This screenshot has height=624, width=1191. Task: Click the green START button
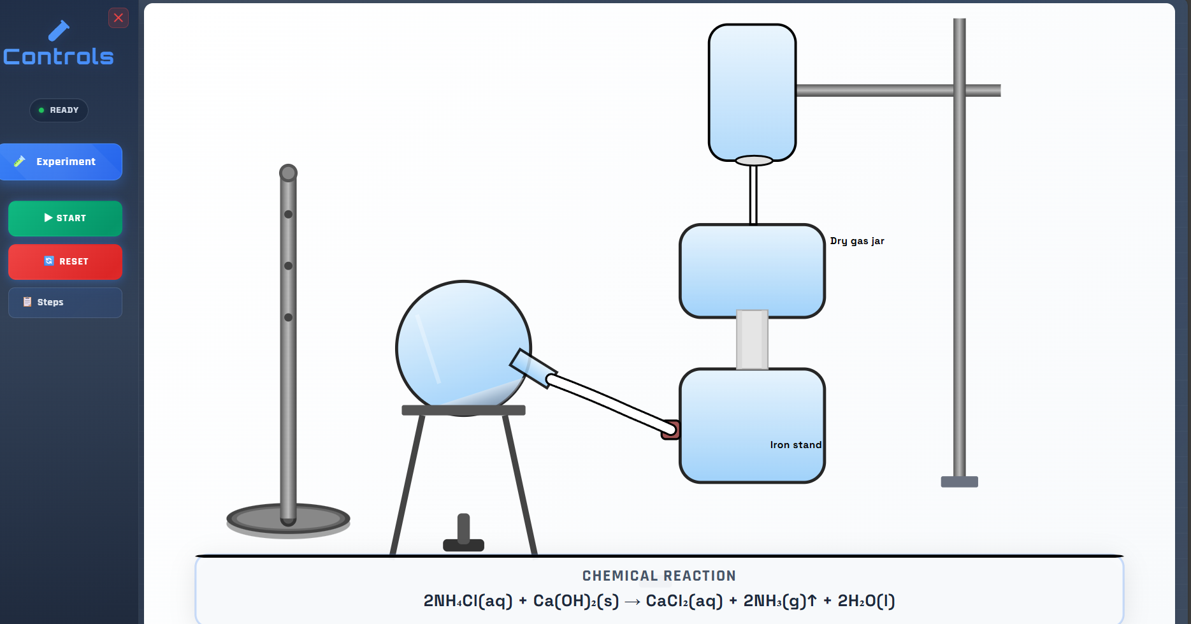point(65,218)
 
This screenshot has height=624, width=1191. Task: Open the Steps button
point(65,302)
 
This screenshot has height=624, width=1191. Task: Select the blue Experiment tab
point(61,162)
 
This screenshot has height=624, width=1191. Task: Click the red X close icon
point(119,18)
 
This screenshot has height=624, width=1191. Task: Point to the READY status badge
point(59,110)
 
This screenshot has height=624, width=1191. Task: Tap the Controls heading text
point(59,57)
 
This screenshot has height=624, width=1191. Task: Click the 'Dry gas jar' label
point(857,241)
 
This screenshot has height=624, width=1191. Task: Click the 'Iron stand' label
point(796,445)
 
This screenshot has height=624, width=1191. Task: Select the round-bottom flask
point(463,348)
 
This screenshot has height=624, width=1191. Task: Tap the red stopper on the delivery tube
point(671,430)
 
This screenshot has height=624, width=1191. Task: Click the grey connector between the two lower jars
point(752,340)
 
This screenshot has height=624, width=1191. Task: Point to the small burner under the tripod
point(463,533)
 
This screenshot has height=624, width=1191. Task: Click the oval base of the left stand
point(288,520)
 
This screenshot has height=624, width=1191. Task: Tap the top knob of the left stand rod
point(288,173)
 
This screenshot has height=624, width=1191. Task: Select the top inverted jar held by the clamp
point(752,92)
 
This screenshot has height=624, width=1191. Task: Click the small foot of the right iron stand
point(959,482)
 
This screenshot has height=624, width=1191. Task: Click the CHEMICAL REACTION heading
point(659,576)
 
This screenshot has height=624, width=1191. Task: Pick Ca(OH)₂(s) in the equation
point(576,601)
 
